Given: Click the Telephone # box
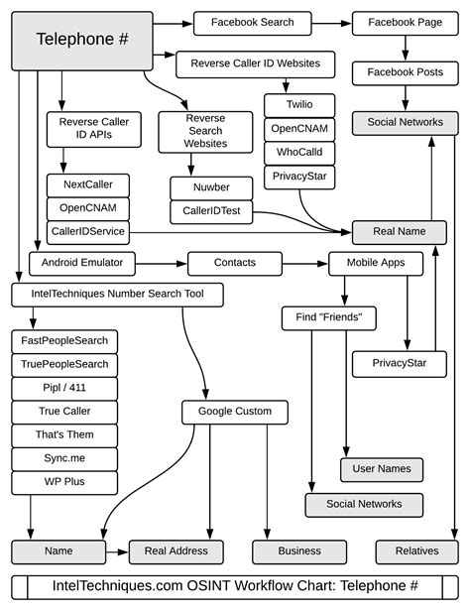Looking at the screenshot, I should [x=82, y=40].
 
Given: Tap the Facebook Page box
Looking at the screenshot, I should [x=404, y=22].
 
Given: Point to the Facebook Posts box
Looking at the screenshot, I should [x=404, y=72].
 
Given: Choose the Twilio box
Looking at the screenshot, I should [x=299, y=104].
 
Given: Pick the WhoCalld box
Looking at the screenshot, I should [x=299, y=152].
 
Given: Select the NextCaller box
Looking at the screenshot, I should [x=87, y=184].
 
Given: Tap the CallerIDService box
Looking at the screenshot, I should [x=87, y=231].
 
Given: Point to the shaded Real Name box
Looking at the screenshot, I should [x=399, y=232].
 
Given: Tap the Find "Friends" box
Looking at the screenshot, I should [x=328, y=318].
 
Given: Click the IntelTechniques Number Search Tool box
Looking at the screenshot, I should [x=117, y=295].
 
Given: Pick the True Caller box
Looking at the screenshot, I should [x=64, y=412].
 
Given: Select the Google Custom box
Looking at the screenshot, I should [x=234, y=412].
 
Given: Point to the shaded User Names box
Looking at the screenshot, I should [x=382, y=469].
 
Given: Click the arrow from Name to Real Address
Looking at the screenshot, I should [x=117, y=551].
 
